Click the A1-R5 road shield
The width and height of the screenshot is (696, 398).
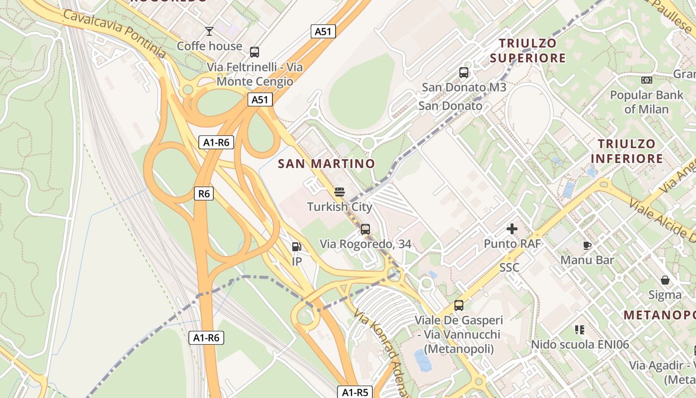coord(355,392)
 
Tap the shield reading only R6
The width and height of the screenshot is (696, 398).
coord(204,194)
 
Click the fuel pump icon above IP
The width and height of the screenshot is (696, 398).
coord(296,246)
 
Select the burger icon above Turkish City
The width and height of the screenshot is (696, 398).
coord(340,192)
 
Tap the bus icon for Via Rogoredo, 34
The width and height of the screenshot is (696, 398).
coord(365,229)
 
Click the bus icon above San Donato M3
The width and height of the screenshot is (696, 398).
coord(464,73)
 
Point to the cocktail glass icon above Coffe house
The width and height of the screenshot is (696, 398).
coord(209,31)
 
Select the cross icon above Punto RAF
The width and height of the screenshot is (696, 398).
coord(512,229)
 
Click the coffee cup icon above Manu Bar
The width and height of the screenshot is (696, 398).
coord(587,245)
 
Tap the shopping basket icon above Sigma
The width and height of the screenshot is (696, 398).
coord(665,280)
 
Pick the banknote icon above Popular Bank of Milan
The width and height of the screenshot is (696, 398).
coord(646,80)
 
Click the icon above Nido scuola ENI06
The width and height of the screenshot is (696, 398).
coord(580,329)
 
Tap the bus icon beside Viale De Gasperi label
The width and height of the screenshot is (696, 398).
coord(459,305)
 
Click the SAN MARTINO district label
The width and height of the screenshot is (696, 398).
coord(326,164)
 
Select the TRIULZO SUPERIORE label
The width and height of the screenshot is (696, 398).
coord(527,51)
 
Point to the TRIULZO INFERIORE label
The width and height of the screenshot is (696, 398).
coord(626,151)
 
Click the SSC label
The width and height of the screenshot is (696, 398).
coord(509,268)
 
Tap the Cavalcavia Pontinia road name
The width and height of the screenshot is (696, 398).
coord(114,33)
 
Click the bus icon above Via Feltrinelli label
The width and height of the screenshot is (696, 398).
coord(255,52)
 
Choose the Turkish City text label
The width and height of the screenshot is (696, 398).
coord(340,206)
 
